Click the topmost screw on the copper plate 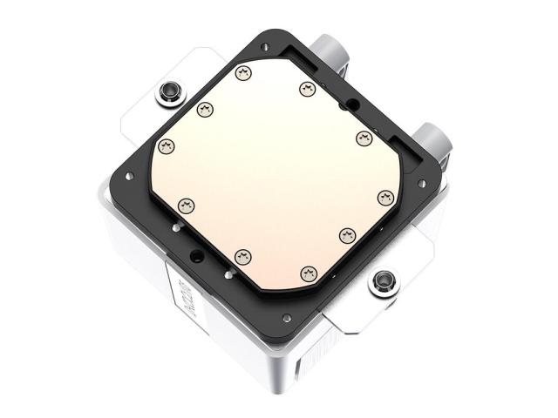click(243, 71)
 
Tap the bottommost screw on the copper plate click(307, 273)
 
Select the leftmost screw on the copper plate click(167, 145)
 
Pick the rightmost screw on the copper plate click(384, 197)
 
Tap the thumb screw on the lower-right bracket click(382, 281)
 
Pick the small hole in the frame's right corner click(422, 183)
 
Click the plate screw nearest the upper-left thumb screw click(205, 109)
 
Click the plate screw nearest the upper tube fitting click(307, 88)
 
